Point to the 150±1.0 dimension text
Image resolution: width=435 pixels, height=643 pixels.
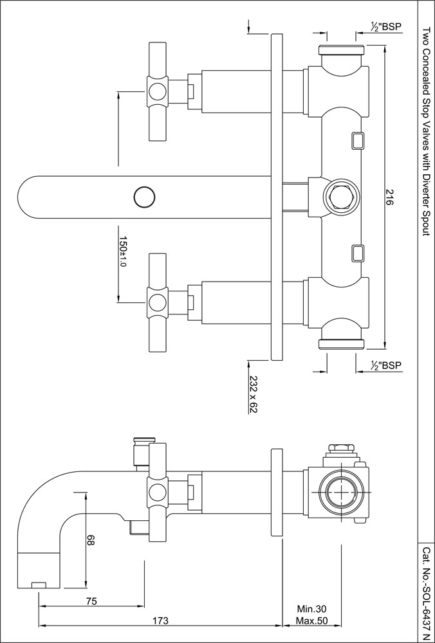[x=123, y=251]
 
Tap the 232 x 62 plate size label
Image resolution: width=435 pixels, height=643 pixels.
[x=254, y=395]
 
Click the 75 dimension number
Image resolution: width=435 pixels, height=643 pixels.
[x=91, y=602]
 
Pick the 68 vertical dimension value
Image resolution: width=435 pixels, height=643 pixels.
[x=90, y=541]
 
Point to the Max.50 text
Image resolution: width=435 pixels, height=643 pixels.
[x=312, y=621]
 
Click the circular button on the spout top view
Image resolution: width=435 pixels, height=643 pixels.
[x=143, y=195]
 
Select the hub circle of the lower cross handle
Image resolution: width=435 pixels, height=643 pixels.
[x=157, y=301]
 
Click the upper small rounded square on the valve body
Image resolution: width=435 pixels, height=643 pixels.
[x=357, y=141]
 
